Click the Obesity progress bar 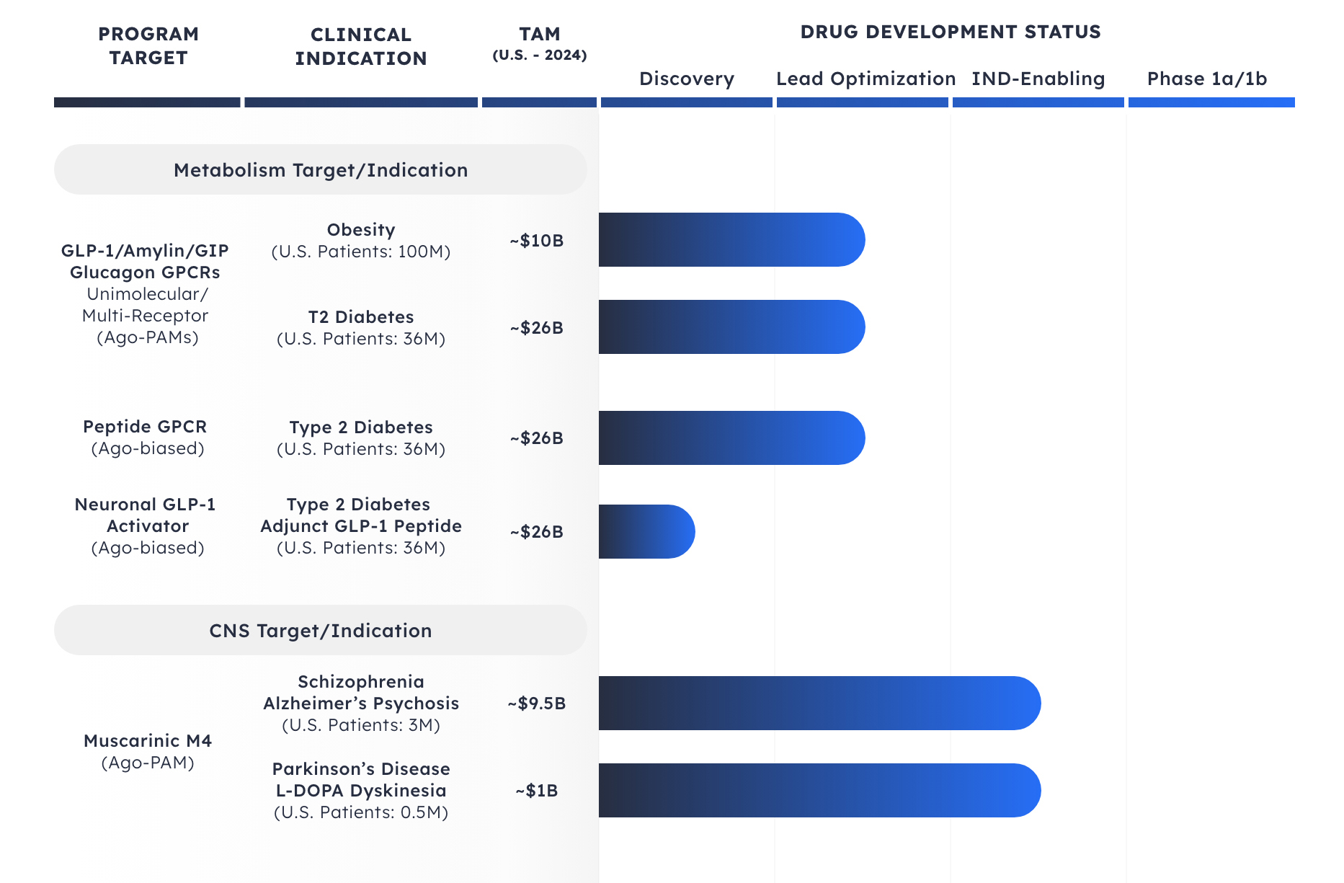coord(731,240)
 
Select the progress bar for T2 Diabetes coord(731,327)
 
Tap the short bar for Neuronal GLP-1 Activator coord(646,532)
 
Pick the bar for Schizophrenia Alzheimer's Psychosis coord(819,704)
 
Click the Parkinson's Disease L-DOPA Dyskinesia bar coord(819,791)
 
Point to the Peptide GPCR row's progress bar coord(731,438)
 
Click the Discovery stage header coord(686,79)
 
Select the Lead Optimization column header coord(865,79)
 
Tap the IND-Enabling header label coord(1038,79)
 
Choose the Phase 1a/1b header coord(1206,79)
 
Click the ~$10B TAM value coord(536,241)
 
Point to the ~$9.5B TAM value coord(536,704)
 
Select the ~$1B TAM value coord(536,791)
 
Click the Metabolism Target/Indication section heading coord(321,170)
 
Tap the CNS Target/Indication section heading coord(321,631)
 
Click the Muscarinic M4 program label coord(148,741)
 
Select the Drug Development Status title coord(950,32)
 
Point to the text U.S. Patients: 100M coord(360,252)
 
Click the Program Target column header coord(148,45)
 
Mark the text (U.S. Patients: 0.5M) coord(360,812)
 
